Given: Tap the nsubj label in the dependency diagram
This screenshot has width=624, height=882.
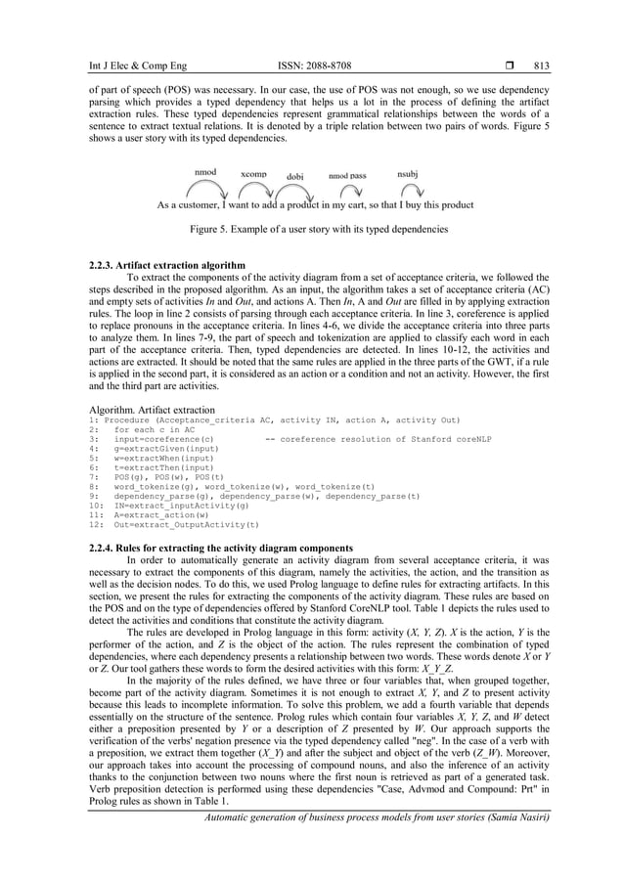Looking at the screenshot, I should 408,172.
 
